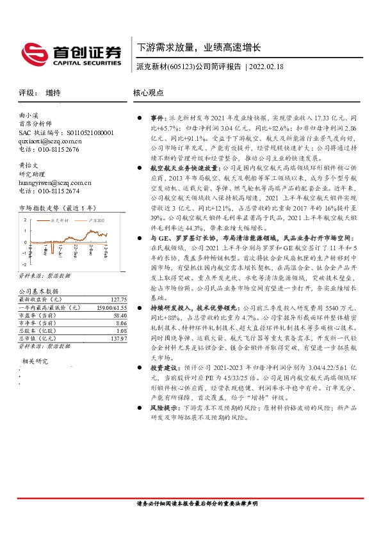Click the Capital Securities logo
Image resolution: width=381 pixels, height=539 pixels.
pos(71,54)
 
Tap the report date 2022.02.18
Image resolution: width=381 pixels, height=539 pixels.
pos(268,66)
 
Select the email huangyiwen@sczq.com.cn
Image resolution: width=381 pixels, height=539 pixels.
pos(55,182)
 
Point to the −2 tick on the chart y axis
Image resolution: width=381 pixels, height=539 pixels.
pos(24,264)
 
